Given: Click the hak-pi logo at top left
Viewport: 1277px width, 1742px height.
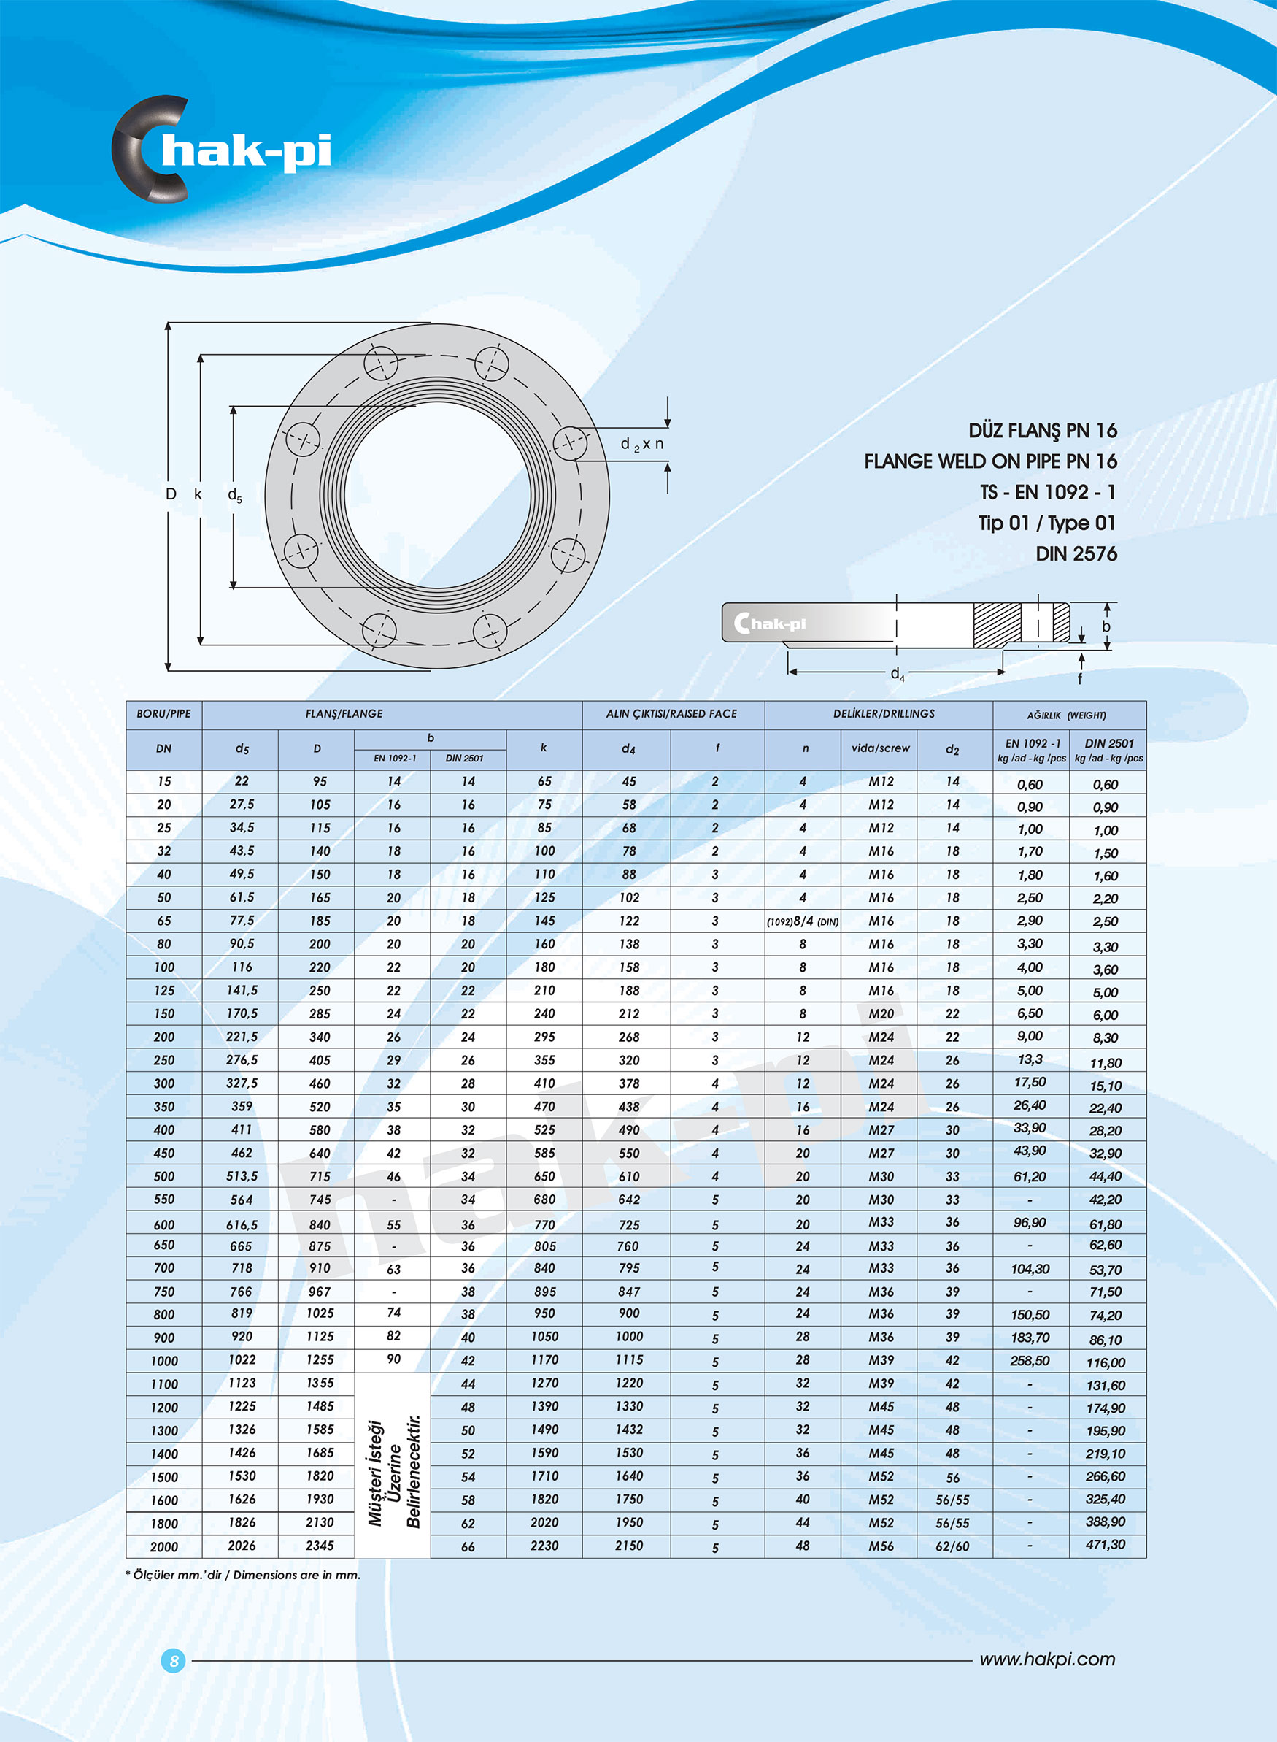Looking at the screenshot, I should coord(223,149).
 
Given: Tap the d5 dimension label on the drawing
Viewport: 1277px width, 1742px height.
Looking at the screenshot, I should coord(234,495).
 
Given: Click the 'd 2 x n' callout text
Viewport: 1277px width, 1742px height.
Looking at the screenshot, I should coord(641,444).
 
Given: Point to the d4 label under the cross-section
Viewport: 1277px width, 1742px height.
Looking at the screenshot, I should coord(898,673).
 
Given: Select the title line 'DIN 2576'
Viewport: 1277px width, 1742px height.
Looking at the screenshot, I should coord(1076,553).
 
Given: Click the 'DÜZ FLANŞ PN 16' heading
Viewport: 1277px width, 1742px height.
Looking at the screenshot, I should coord(1042,430).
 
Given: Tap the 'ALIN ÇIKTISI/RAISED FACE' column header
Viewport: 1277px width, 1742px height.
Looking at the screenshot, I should coord(671,713).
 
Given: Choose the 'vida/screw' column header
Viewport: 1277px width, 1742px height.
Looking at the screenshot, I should coord(880,748).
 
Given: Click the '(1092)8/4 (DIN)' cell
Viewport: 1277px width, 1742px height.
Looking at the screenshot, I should coord(803,921).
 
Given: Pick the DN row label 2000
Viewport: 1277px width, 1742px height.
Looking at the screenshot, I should coord(164,1546).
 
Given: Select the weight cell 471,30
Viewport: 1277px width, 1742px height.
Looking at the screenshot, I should coord(1106,1544).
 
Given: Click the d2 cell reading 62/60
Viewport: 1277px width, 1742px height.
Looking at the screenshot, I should coord(952,1546).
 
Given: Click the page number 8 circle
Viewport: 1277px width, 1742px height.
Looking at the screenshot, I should coord(173,1660).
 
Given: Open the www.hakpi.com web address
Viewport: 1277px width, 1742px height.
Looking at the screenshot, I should coord(1046,1659).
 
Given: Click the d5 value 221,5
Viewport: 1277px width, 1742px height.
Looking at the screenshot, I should coord(242,1036).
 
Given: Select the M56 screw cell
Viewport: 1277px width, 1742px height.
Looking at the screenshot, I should coord(881,1546).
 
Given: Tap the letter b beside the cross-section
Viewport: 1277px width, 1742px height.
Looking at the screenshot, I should coord(1106,626).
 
